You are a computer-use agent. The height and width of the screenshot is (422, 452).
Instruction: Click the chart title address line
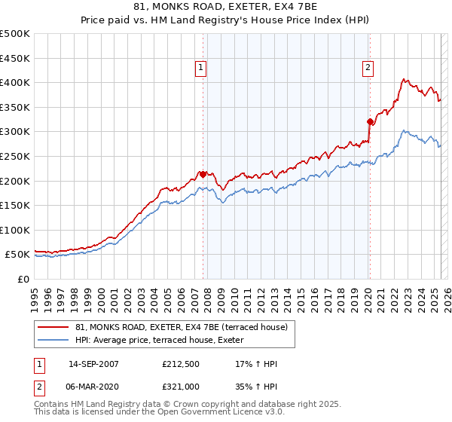[227, 9]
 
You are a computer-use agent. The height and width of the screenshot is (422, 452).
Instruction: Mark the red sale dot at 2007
[203, 175]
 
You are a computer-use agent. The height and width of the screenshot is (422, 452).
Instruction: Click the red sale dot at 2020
[370, 121]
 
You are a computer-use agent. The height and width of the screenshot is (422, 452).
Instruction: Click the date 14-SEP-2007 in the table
[93, 364]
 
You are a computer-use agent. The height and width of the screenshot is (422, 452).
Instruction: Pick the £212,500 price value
[181, 364]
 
